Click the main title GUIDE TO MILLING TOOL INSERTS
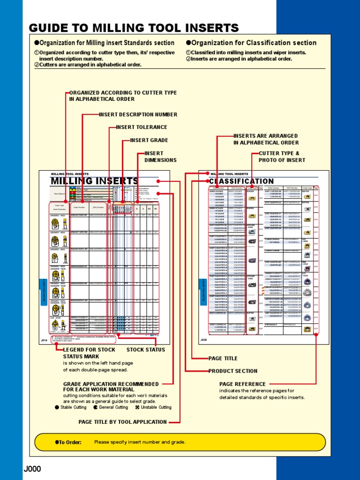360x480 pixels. coord(134,28)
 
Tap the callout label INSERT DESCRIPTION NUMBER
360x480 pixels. coord(138,114)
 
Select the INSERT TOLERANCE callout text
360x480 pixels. coord(142,127)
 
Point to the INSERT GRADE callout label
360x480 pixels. coord(149,140)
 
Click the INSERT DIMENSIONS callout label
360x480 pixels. coord(160,157)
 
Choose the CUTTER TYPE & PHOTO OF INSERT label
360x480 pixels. coord(282,157)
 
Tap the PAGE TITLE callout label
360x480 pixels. coord(223,359)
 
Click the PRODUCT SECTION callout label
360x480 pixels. coord(232,371)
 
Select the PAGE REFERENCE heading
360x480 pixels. coord(242,384)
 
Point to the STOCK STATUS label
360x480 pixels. coord(145,350)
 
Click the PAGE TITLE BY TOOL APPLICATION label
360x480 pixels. coord(122,422)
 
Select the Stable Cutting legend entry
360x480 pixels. coord(71,407)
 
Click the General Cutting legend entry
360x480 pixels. coord(111,407)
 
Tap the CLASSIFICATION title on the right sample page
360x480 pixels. coord(241,181)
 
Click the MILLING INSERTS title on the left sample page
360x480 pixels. coord(94,181)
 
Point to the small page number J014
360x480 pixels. coord(44,339)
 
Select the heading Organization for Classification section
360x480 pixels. coord(251,43)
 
